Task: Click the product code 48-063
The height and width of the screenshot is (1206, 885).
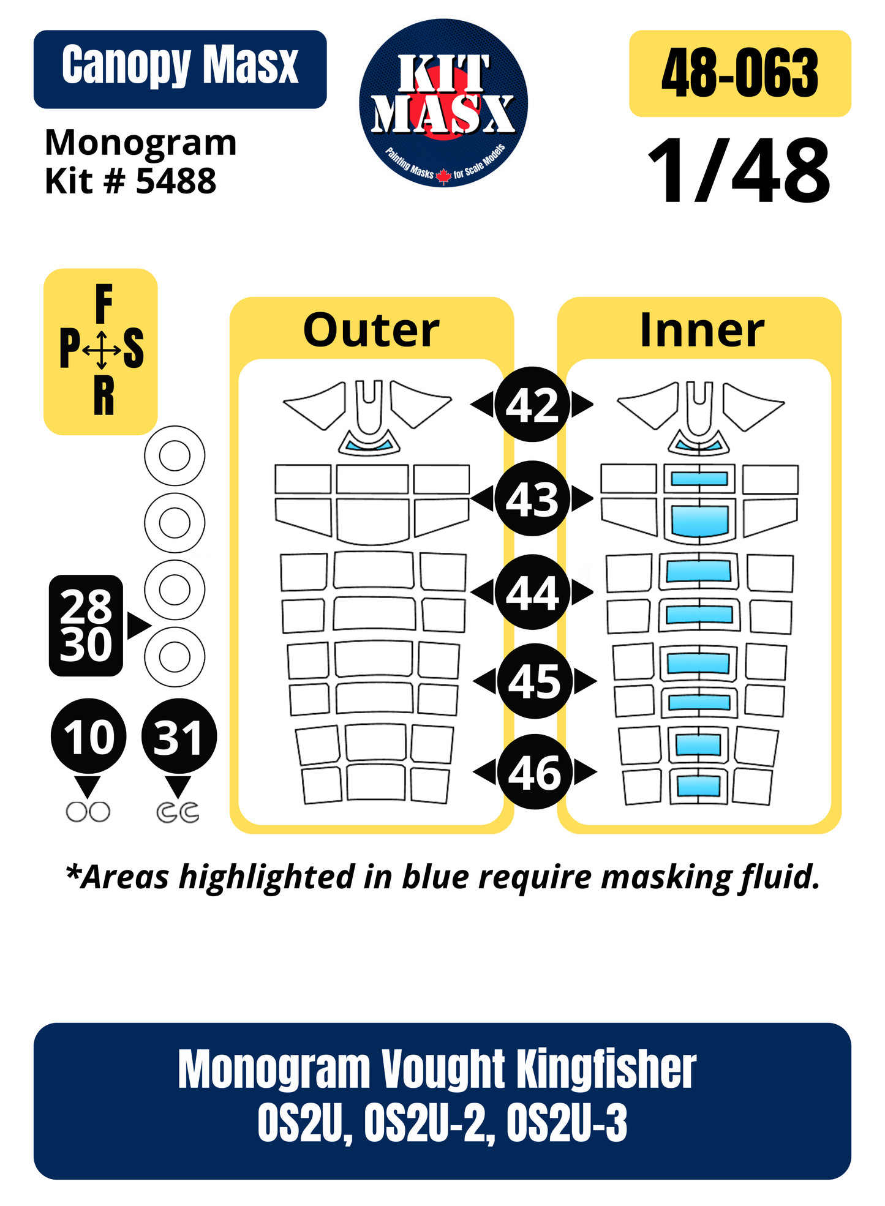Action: click(740, 73)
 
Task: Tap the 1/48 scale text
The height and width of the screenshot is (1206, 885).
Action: click(739, 171)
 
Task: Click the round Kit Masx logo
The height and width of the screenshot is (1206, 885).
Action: click(443, 103)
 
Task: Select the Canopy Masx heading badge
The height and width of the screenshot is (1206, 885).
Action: click(180, 69)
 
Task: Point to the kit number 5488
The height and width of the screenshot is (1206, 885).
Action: click(176, 181)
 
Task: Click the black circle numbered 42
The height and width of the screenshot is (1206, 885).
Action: click(532, 405)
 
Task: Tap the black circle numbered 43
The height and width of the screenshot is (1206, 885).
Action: click(532, 498)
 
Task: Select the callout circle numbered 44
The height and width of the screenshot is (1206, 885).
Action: click(532, 592)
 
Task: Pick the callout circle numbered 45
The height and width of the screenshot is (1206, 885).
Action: click(535, 681)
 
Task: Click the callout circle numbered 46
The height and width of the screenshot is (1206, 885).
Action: click(535, 771)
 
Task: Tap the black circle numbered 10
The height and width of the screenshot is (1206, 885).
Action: click(89, 736)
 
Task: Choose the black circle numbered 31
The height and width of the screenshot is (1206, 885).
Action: click(179, 736)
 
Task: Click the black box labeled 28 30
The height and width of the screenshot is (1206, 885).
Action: click(86, 626)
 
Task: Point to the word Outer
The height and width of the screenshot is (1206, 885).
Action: click(372, 330)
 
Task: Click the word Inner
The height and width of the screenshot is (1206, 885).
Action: click(702, 330)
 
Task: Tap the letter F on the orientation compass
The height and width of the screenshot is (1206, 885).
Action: click(104, 304)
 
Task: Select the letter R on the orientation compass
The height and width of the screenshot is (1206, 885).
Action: click(104, 396)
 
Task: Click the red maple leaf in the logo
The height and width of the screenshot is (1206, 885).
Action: click(443, 176)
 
